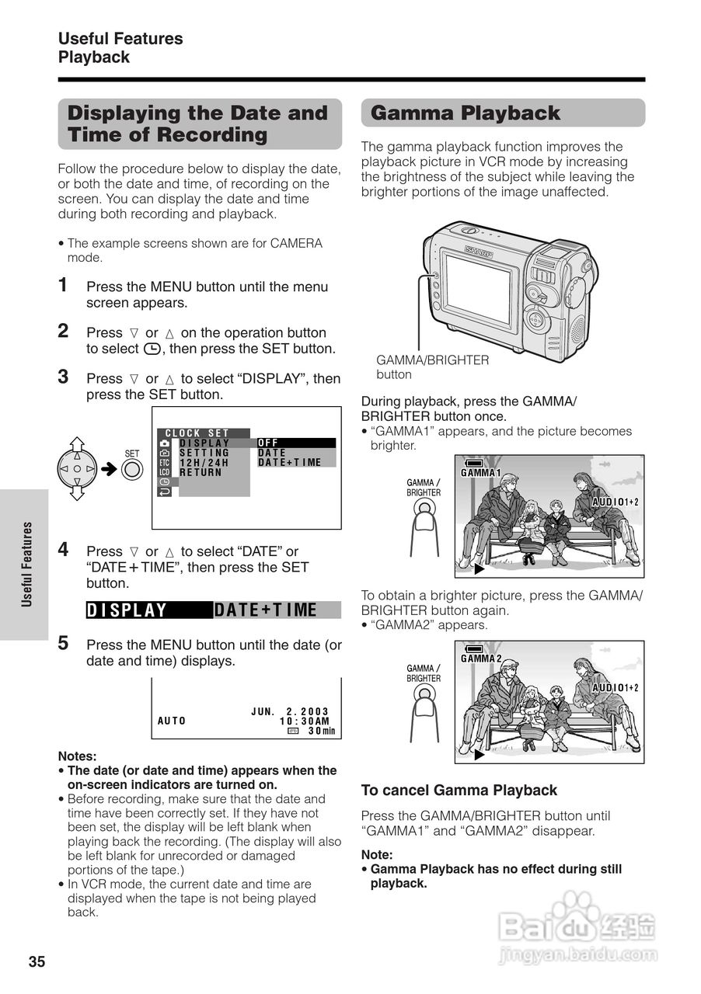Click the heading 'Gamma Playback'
pyautogui.click(x=466, y=113)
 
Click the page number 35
pyautogui.click(x=37, y=962)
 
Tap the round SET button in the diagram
pyautogui.click(x=132, y=470)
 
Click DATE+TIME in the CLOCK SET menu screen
pyautogui.click(x=289, y=463)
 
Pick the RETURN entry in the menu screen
pyautogui.click(x=201, y=472)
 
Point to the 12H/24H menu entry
pyautogui.click(x=204, y=463)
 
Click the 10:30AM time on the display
pyautogui.click(x=305, y=721)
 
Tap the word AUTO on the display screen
pyautogui.click(x=172, y=721)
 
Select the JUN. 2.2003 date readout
pyautogui.click(x=290, y=711)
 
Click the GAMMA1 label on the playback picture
pyautogui.click(x=481, y=473)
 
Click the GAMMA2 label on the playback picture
pyautogui.click(x=481, y=659)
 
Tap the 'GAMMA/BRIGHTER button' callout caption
pyautogui.click(x=432, y=367)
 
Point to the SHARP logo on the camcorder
pyautogui.click(x=479, y=250)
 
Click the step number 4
pyautogui.click(x=64, y=549)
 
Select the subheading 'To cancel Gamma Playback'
pyautogui.click(x=459, y=791)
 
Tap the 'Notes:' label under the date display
pyautogui.click(x=77, y=756)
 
